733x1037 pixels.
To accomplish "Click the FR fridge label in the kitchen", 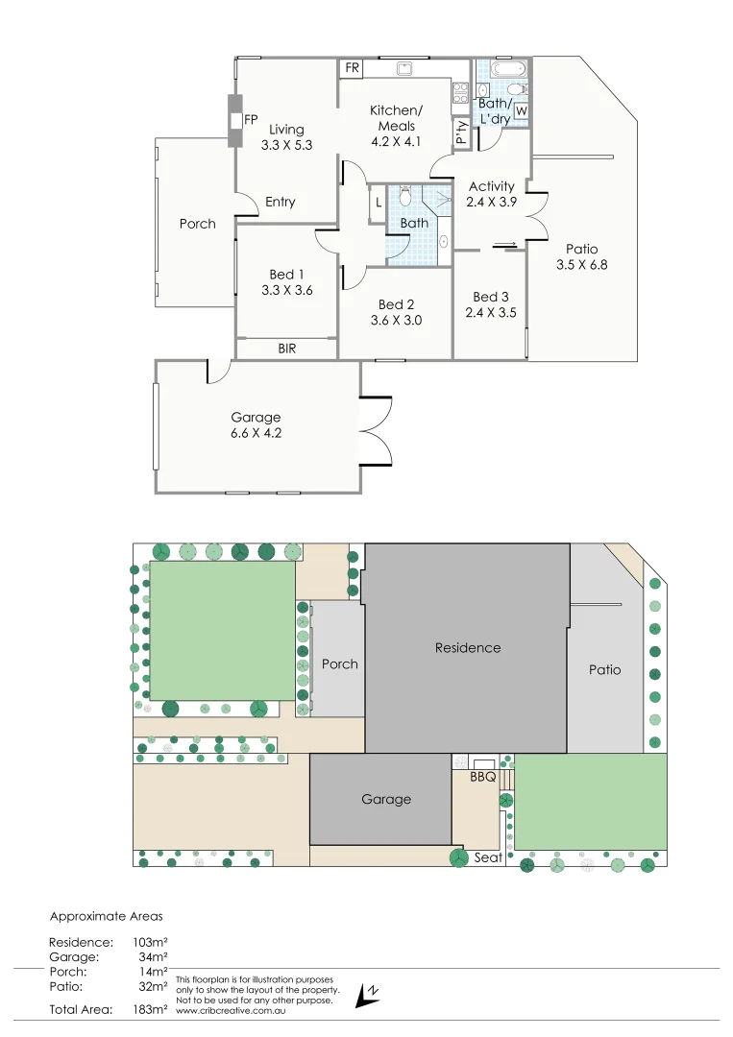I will tap(353, 69).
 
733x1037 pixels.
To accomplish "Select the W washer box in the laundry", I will tap(522, 111).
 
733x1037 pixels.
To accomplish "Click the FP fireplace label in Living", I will tap(252, 120).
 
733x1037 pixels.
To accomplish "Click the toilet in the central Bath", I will tap(405, 197).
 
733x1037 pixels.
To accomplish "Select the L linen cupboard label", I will tap(379, 203).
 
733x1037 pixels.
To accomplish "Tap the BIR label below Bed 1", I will tap(286, 350).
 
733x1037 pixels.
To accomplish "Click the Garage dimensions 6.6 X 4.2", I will tap(256, 433).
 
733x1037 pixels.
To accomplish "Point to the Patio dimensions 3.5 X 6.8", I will tap(581, 265).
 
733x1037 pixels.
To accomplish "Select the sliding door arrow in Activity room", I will tap(506, 244).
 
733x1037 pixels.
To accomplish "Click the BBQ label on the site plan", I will tap(482, 778).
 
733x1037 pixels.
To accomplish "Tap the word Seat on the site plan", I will tap(488, 857).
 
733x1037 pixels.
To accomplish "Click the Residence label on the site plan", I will tap(468, 648).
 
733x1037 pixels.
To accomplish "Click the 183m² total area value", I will tap(151, 1009).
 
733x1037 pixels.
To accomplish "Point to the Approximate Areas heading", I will tap(106, 917).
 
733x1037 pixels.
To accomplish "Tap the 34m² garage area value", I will tap(154, 957).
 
